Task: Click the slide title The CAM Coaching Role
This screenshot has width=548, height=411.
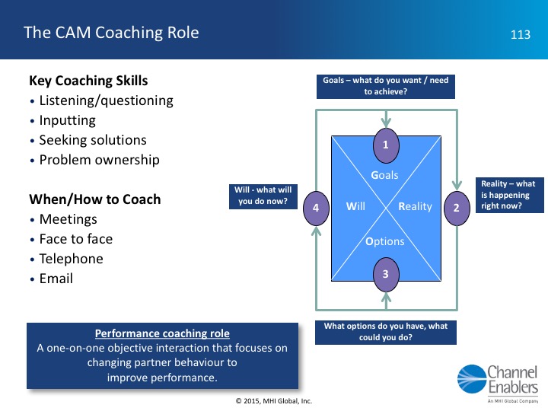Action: pos(111,33)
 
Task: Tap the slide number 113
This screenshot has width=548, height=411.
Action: pos(520,34)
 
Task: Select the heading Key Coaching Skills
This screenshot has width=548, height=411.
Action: pos(88,81)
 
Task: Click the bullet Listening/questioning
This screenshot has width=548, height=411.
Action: pos(106,100)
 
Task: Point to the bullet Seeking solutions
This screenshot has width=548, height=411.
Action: pos(92,140)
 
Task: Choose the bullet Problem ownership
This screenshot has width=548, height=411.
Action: pos(99,160)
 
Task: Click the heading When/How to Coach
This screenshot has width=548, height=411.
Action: pos(94,199)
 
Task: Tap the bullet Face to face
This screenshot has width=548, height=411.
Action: pos(75,239)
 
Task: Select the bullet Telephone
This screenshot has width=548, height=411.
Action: pos(71,259)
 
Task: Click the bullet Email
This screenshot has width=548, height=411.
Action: pos(56,279)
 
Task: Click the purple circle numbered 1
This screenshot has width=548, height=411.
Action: pos(386,144)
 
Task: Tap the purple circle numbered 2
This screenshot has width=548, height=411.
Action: pos(457,206)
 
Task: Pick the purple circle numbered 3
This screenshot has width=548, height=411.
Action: pos(386,273)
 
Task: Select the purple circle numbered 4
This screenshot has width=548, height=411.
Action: pos(315,206)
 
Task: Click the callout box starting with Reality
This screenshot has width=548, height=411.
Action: pos(507,194)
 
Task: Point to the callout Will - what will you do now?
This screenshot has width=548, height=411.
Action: pos(262,196)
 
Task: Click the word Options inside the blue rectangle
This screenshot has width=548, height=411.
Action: pos(385,242)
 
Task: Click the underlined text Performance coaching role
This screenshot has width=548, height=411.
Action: pos(162,333)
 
